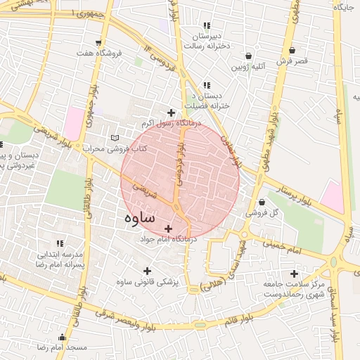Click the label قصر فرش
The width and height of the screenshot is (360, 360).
point(292,62)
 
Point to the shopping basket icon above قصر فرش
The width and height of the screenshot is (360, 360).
point(292,51)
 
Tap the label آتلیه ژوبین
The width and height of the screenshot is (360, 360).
point(250,68)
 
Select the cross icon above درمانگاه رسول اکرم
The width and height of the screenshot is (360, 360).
point(170,112)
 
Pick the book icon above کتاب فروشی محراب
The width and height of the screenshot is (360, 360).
point(115,139)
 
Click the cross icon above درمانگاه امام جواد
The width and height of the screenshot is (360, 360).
point(167,229)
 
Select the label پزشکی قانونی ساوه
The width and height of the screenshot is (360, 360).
point(147,282)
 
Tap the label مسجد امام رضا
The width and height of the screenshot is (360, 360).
point(63,348)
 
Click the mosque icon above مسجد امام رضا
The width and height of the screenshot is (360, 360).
point(63,337)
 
